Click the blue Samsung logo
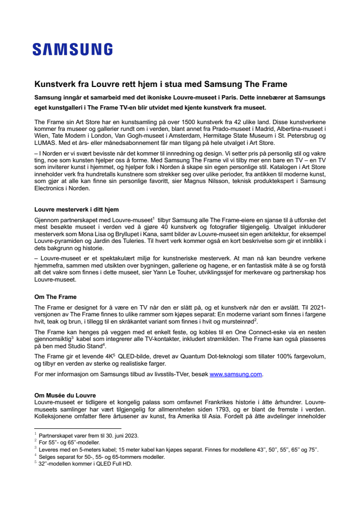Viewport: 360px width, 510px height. coord(72,49)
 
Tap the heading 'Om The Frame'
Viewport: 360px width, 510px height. coord(55,297)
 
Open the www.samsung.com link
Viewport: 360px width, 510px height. coord(235,374)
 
